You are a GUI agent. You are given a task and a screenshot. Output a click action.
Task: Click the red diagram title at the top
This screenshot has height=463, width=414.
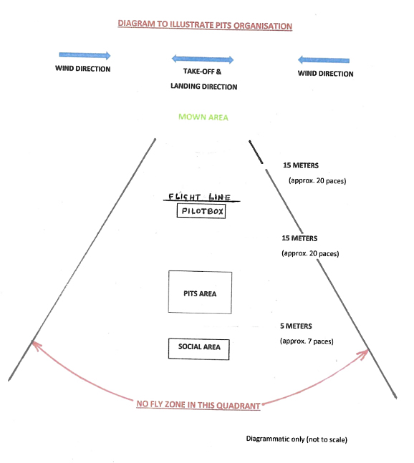click(x=205, y=25)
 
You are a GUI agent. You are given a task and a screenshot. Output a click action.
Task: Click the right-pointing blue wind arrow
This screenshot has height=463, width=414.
click(x=85, y=55)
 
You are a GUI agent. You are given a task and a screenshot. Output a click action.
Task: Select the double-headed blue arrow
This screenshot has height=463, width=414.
click(x=203, y=59)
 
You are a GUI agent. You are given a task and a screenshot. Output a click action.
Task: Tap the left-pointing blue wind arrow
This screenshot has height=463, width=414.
click(x=324, y=60)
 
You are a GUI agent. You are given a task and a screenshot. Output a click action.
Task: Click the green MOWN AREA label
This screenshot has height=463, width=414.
click(x=203, y=117)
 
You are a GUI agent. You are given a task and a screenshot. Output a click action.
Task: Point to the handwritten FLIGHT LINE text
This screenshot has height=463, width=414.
click(x=199, y=197)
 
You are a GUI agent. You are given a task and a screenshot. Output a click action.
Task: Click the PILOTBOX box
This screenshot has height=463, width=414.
click(x=201, y=211)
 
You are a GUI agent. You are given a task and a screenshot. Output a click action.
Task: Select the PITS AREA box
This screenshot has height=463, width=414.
click(x=200, y=293)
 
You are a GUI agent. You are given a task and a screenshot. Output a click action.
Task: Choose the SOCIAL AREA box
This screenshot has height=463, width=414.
click(x=199, y=349)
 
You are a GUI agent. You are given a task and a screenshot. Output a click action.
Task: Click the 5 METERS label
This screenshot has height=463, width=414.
click(x=296, y=326)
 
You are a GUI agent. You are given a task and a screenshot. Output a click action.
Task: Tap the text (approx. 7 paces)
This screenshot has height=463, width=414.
click(x=307, y=341)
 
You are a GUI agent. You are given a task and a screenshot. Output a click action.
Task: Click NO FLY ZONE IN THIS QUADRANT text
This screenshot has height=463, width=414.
click(x=198, y=405)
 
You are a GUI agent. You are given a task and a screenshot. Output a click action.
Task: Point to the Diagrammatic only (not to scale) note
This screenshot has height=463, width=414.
click(x=297, y=439)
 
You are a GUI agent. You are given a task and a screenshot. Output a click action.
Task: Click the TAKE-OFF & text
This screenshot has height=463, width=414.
click(x=202, y=72)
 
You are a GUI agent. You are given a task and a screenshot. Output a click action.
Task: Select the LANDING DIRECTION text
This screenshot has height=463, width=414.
click(x=204, y=87)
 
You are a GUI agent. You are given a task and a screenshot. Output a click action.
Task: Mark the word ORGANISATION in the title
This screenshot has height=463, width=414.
click(x=263, y=26)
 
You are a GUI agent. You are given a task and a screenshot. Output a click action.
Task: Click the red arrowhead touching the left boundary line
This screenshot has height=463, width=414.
click(x=36, y=345)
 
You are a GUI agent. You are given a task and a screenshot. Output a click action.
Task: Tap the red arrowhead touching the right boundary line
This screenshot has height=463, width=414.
click(x=364, y=354)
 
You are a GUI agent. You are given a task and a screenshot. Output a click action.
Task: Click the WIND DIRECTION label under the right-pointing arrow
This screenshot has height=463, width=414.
click(x=83, y=69)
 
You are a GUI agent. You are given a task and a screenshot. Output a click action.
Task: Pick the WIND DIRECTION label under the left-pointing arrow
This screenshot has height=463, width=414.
click(x=325, y=74)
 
